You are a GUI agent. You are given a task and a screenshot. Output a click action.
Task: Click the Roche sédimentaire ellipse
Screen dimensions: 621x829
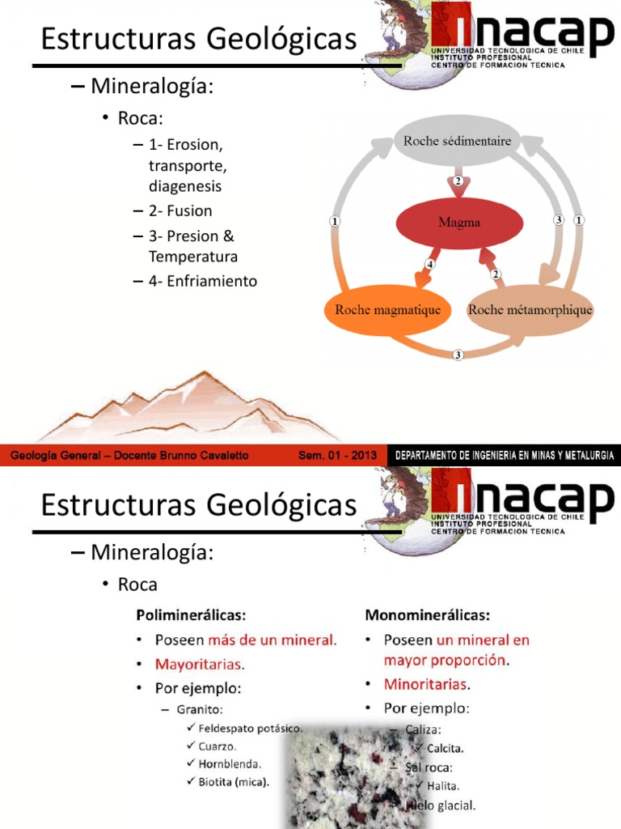tap(457, 142)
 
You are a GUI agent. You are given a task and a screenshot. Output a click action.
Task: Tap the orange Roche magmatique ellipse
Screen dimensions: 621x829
tap(387, 310)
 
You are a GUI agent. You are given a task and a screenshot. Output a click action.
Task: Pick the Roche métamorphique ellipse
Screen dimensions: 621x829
tap(530, 310)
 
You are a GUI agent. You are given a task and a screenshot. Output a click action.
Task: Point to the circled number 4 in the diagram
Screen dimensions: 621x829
tap(430, 265)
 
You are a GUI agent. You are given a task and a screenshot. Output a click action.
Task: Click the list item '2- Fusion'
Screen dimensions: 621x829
tap(180, 211)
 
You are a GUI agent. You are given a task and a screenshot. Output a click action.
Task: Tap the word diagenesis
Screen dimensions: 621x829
tap(185, 186)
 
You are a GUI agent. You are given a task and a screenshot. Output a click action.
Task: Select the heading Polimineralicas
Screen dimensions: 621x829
tap(192, 614)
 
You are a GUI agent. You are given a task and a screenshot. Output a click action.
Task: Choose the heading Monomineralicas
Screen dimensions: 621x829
tap(428, 614)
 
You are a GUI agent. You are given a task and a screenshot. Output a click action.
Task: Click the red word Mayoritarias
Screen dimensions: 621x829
tap(199, 665)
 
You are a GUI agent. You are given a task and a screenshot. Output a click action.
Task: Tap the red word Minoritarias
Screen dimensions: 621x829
tap(427, 683)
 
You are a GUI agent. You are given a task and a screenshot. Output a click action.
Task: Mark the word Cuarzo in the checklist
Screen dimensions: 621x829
tap(218, 746)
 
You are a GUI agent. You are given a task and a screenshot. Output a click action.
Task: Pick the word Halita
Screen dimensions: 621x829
tap(445, 785)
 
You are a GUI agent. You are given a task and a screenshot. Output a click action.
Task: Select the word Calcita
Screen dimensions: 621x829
tap(446, 748)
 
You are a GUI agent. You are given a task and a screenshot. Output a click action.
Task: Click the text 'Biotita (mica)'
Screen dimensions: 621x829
tap(234, 781)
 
